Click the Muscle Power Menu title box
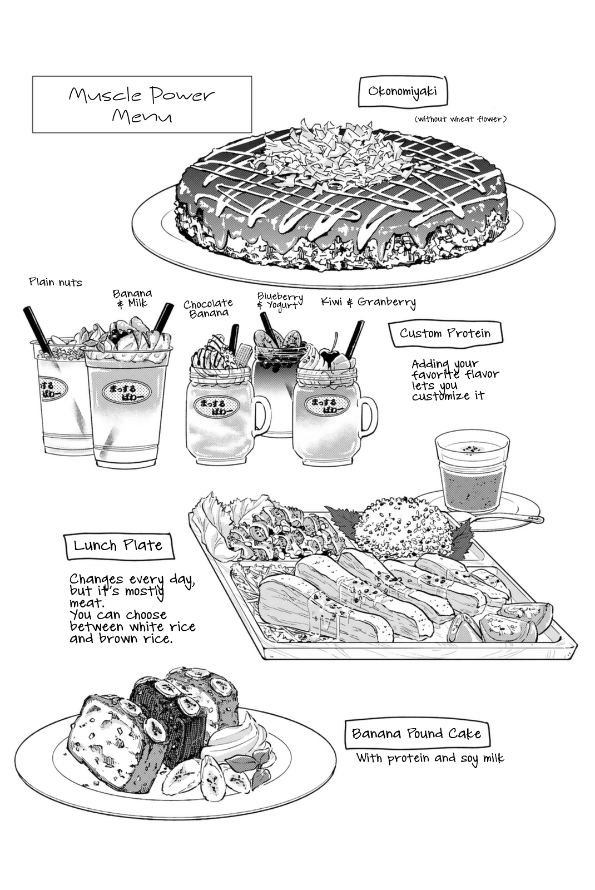click(x=142, y=105)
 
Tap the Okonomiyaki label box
click(x=403, y=92)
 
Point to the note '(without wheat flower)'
click(x=460, y=119)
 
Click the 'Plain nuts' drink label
click(x=56, y=283)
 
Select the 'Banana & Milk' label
click(x=132, y=298)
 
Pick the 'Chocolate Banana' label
click(x=208, y=308)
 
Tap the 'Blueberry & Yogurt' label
click(x=280, y=301)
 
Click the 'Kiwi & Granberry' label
click(x=369, y=303)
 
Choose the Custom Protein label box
click(x=445, y=333)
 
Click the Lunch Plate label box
click(x=118, y=546)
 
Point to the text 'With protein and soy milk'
click(x=430, y=758)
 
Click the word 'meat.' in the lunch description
click(x=87, y=604)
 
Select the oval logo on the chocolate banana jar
click(x=216, y=407)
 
